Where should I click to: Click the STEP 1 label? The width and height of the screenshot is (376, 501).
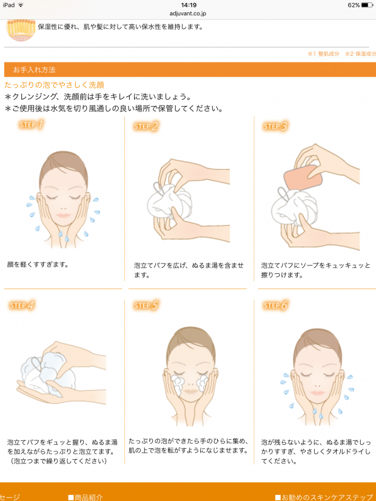[31, 124]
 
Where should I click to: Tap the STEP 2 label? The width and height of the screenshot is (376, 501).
[146, 126]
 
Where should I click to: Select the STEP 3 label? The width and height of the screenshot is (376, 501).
[275, 126]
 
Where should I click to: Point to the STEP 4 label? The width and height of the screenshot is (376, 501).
[21, 305]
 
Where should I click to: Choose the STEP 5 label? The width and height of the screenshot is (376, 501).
[146, 305]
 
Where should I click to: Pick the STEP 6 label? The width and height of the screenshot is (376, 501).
[275, 305]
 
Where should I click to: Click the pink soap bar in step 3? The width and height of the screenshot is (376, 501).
[303, 176]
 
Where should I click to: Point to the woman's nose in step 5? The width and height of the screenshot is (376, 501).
[190, 382]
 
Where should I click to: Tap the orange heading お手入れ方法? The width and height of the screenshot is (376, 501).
[34, 70]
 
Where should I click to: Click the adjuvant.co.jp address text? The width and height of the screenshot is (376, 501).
[188, 14]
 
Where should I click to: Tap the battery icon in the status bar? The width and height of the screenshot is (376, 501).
[367, 5]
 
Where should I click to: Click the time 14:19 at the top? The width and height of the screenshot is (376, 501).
[189, 5]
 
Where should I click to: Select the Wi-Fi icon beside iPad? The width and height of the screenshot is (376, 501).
[21, 5]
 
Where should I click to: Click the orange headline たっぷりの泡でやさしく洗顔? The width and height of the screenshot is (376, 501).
[55, 85]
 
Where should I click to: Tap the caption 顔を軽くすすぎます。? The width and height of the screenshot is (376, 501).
[38, 265]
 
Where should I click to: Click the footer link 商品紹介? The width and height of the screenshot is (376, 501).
[86, 497]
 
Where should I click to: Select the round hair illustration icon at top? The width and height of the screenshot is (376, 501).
[21, 30]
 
